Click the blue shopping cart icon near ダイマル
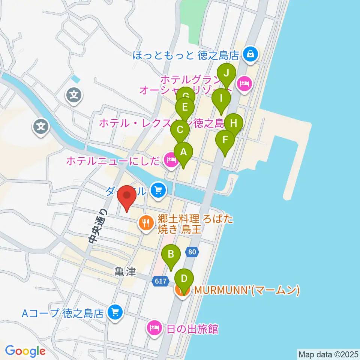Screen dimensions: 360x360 (x=158, y=190)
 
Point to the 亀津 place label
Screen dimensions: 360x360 (x=125, y=272)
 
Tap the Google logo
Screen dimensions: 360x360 (x=25, y=351)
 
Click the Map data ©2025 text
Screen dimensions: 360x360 (x=328, y=354)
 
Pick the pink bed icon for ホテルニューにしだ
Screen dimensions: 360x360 (x=171, y=160)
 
